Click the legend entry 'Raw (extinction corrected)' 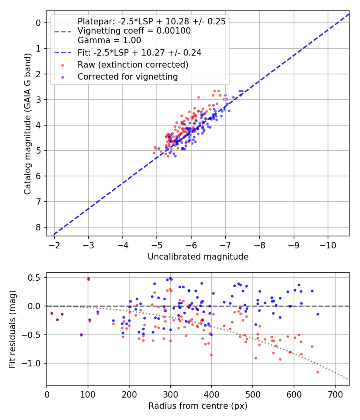(x=133, y=64)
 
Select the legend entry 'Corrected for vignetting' (x=128, y=76)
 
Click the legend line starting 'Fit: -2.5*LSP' (x=139, y=52)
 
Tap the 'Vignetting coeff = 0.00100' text (x=134, y=31)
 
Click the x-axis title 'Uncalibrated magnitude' (x=198, y=257)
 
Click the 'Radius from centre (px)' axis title (x=198, y=406)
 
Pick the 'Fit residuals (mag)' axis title (x=12, y=329)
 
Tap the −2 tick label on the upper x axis (x=54, y=244)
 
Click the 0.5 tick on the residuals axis (x=35, y=278)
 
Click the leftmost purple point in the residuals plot (x=52, y=313)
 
